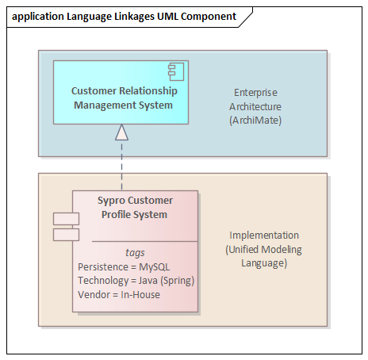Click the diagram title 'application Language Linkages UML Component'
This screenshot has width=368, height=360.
[x=124, y=17]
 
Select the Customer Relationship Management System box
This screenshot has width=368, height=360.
[x=121, y=92]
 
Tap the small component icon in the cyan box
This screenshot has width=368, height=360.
[x=176, y=71]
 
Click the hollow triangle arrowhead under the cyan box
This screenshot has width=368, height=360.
[x=121, y=132]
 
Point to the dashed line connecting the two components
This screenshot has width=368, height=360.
[x=121, y=165]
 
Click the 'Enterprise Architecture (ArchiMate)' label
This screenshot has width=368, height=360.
[x=255, y=106]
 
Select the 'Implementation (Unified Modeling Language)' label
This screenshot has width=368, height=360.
[x=264, y=249]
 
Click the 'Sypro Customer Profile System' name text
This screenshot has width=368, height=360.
[x=135, y=208]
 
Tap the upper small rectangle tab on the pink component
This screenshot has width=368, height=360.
[x=66, y=219]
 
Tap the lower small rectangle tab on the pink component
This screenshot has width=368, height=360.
[x=66, y=235]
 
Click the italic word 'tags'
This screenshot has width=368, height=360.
[x=135, y=253]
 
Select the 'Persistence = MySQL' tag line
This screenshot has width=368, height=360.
[x=124, y=267]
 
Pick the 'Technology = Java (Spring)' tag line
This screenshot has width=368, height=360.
[x=136, y=281]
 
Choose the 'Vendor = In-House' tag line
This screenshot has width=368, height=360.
[x=119, y=294]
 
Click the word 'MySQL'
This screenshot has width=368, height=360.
[x=155, y=267]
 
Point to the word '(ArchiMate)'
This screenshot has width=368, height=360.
[x=255, y=121]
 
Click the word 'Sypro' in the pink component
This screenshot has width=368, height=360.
[x=111, y=201]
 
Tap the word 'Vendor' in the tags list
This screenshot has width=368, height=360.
[x=94, y=294]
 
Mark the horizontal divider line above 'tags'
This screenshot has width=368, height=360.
[x=145, y=241]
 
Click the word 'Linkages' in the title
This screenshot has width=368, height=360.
[x=135, y=17]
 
